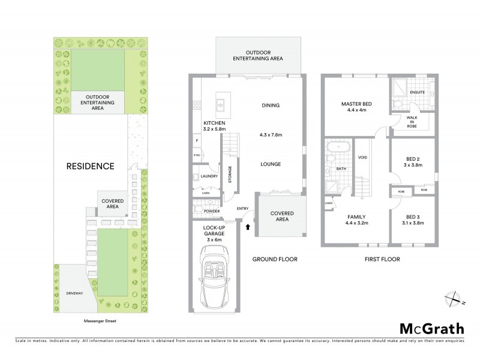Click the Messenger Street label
point(99,322)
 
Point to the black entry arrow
point(248,227)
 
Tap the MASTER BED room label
point(356,104)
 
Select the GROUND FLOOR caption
point(274,259)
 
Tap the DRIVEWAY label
point(75,292)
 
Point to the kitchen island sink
point(220,106)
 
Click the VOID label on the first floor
point(362,158)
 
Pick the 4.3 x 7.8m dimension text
point(271,134)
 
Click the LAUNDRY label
point(209,176)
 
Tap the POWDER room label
point(212,212)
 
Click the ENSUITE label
point(417,92)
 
